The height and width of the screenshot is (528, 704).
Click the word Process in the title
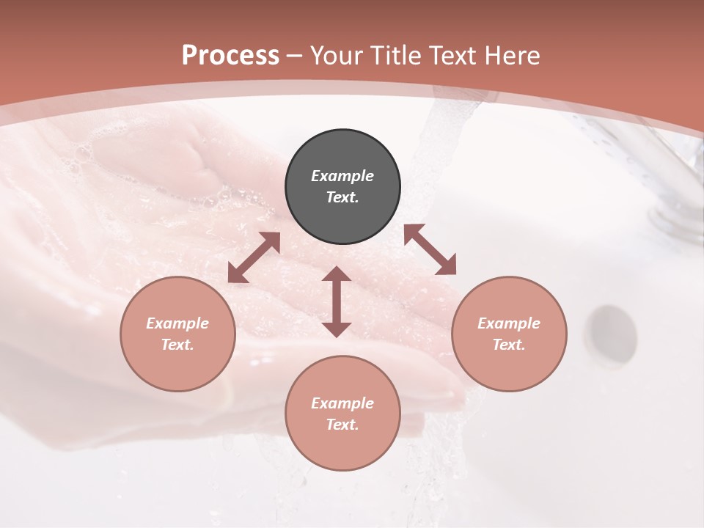(230, 56)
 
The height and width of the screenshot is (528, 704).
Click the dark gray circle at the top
(342, 186)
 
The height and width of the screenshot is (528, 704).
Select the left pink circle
(177, 334)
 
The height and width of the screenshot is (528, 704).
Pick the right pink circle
(509, 334)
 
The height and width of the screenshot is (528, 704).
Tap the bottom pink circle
(342, 414)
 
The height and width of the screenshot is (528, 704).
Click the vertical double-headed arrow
(337, 301)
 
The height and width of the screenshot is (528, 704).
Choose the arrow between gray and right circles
(430, 249)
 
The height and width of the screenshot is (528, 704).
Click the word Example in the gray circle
(342, 176)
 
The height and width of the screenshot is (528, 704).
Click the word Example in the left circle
(177, 323)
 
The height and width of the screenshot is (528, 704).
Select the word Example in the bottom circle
(342, 403)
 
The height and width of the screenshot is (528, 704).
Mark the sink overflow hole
(612, 334)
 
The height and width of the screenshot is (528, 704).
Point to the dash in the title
(295, 56)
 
